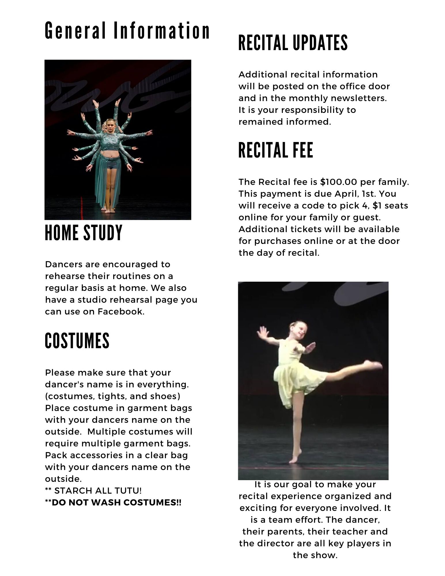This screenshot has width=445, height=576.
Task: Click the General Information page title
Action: click(x=127, y=31)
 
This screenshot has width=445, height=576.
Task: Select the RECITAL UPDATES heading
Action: click(x=293, y=43)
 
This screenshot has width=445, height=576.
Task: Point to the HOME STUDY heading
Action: click(x=84, y=233)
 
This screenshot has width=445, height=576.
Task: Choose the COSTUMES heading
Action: click(x=77, y=341)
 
